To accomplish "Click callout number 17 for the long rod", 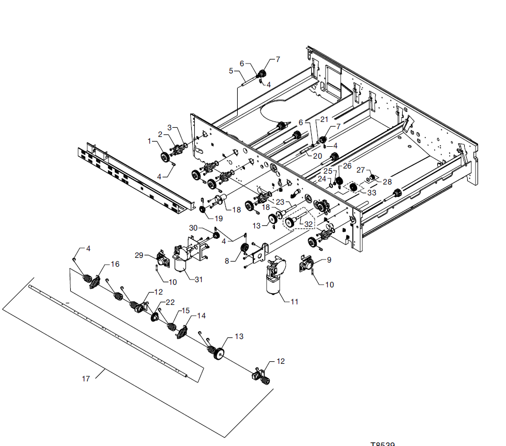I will click(x=86, y=379).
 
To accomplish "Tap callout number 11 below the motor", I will click(x=295, y=301).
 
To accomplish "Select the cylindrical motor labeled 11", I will click(x=272, y=283).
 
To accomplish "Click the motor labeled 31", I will click(x=181, y=264).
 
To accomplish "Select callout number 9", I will click(x=329, y=260).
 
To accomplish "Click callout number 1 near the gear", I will click(x=150, y=141).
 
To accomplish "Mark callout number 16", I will click(x=115, y=264).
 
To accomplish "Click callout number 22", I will click(x=171, y=302).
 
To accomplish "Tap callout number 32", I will click(x=309, y=224).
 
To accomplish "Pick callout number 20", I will click(x=317, y=156).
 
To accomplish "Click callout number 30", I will click(x=193, y=228).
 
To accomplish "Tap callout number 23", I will click(x=280, y=201).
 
